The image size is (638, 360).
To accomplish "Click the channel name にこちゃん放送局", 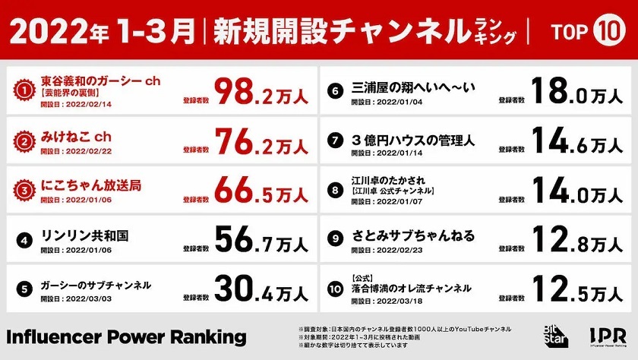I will [91, 185].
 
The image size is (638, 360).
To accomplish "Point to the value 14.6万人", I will [578, 141].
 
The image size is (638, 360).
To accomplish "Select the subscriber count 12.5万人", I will [578, 289].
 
